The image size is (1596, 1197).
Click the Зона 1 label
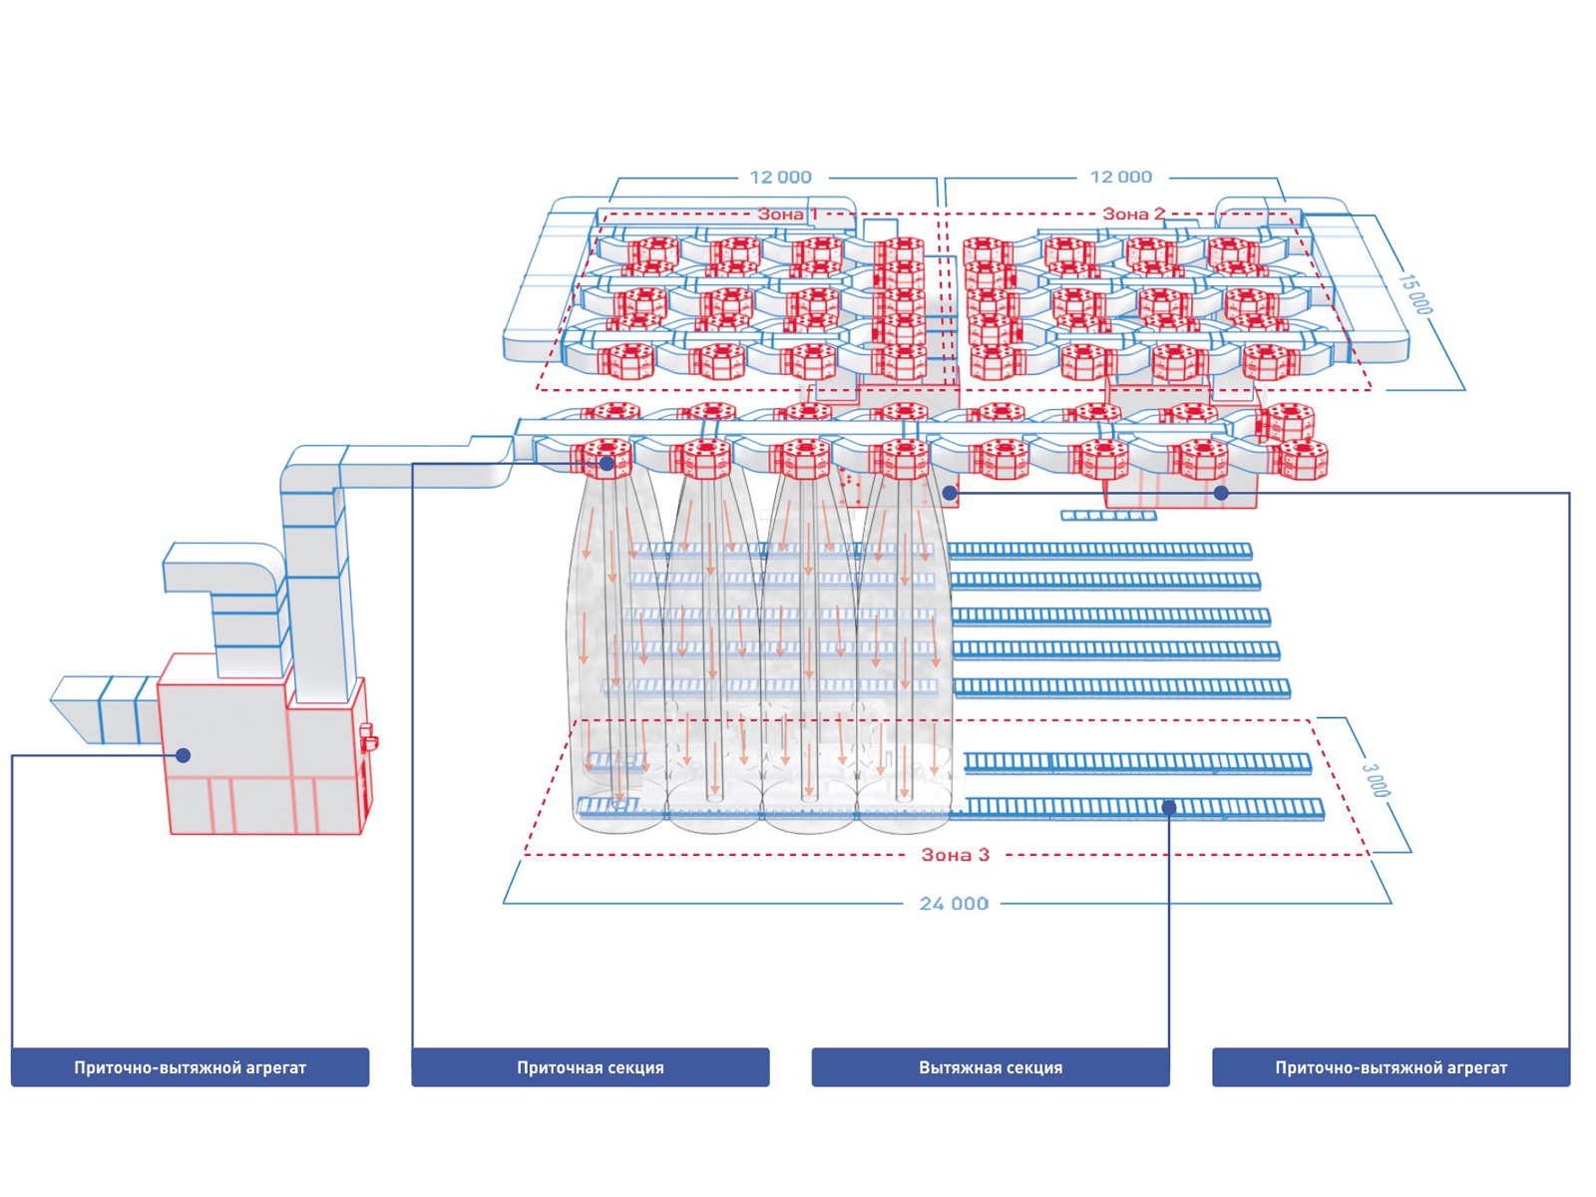point(787,213)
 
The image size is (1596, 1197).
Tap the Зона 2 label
point(1132,213)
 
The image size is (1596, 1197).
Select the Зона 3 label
point(955,855)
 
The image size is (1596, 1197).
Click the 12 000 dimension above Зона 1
point(780,178)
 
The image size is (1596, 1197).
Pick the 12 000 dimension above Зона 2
point(1120,178)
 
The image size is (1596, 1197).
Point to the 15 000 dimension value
point(1414,293)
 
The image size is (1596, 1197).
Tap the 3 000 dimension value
point(1376,779)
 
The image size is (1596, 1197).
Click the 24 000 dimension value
point(954,904)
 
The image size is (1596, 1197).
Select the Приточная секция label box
point(590,1067)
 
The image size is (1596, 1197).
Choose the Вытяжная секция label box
point(990,1067)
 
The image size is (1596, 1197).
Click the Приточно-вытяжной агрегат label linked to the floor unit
point(190,1067)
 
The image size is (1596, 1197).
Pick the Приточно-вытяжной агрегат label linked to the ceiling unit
point(1391,1067)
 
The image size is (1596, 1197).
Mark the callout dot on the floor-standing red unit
point(184,756)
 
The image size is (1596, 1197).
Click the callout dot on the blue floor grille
point(1169,807)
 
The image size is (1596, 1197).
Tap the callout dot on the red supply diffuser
point(606,464)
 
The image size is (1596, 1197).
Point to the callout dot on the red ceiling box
point(1221,493)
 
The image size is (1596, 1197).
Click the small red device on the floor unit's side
point(368,737)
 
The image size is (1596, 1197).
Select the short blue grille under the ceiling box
point(1108,516)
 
